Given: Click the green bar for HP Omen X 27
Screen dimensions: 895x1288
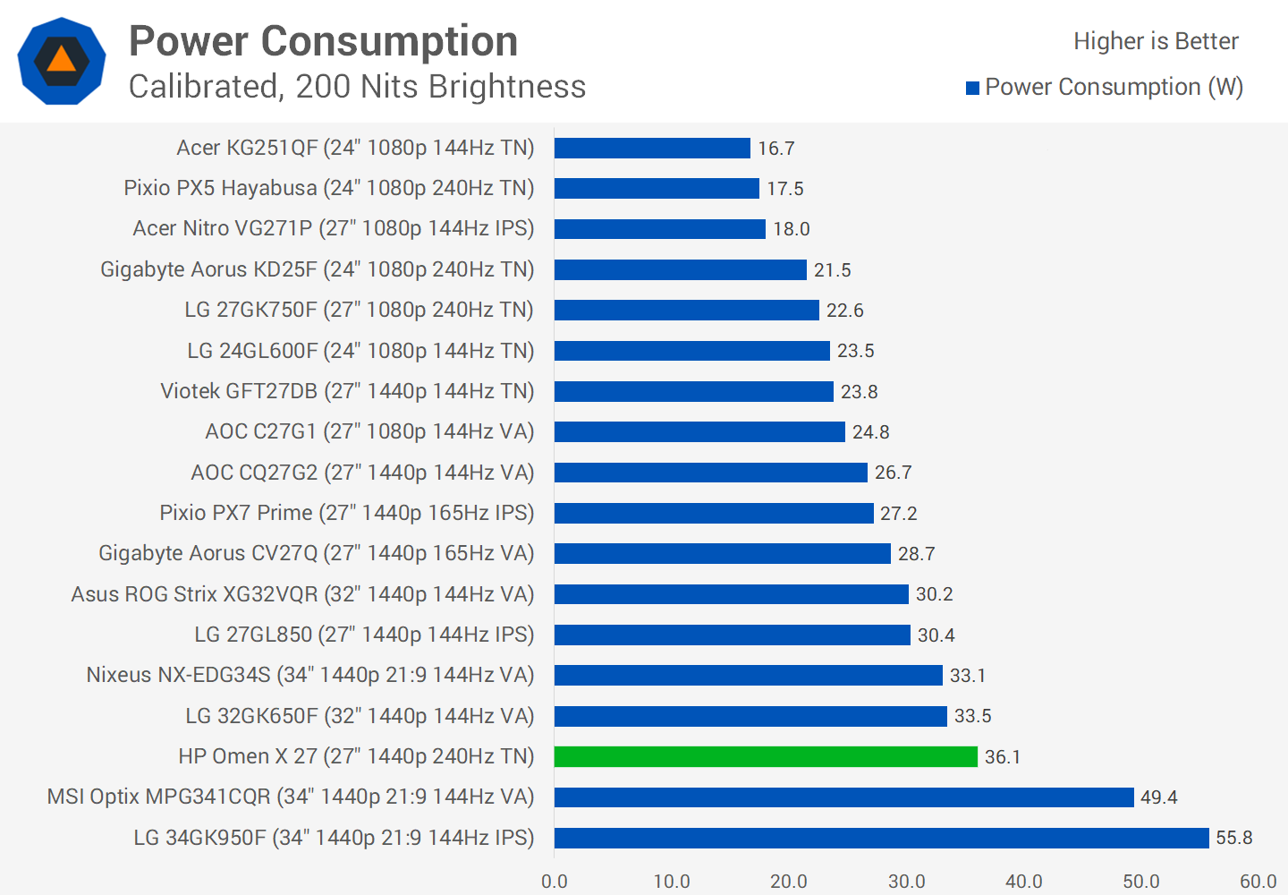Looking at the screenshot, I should (x=766, y=756).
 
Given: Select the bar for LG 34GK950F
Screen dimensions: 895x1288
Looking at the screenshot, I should (x=881, y=838).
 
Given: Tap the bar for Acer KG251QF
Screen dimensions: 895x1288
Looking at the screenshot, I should (x=652, y=148).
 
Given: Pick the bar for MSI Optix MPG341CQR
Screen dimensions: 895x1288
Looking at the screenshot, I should (x=843, y=797).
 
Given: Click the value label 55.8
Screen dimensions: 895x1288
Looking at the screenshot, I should (x=1233, y=838).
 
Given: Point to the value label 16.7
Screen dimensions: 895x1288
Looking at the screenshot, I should (x=775, y=149).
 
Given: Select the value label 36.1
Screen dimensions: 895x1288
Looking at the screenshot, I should (x=1002, y=757).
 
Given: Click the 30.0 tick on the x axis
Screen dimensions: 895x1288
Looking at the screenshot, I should (x=906, y=881).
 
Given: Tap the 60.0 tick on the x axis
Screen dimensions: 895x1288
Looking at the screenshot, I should (x=1258, y=881).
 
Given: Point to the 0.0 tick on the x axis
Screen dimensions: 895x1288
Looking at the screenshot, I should (x=555, y=881).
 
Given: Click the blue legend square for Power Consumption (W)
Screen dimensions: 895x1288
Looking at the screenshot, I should (x=972, y=88).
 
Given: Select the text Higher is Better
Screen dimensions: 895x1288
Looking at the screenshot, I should (x=1156, y=41).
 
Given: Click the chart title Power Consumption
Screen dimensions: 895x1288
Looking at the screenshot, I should (x=323, y=41).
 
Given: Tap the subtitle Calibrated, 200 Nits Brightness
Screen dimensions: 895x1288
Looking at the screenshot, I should (x=357, y=87).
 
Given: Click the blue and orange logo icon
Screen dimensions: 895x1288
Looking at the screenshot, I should (x=62, y=61).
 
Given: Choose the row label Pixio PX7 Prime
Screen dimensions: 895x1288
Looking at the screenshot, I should (x=346, y=513).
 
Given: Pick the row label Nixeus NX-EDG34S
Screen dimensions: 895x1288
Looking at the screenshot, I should (x=309, y=675).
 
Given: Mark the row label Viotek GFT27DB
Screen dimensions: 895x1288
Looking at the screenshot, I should (x=347, y=391).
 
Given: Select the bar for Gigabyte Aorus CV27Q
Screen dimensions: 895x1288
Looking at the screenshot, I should (x=722, y=553).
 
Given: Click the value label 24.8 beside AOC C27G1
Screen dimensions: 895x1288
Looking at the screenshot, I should (x=870, y=432).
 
